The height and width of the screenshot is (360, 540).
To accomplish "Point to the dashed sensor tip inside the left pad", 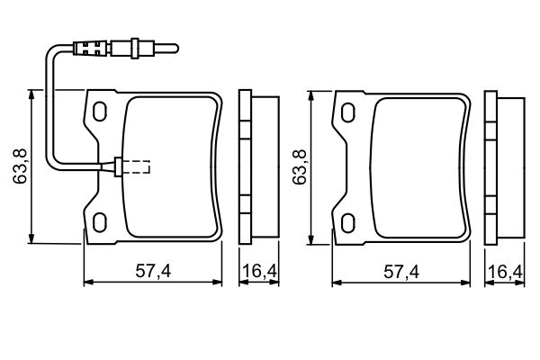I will click(x=138, y=166).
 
